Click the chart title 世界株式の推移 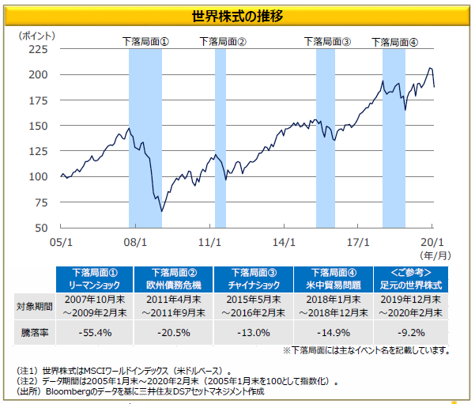coord(238,16)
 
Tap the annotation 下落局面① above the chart coord(146,42)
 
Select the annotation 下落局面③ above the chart coord(327,42)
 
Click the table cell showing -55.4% coord(95,333)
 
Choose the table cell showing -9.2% coord(412,333)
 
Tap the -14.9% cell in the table coord(333,333)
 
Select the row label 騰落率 coord(33,333)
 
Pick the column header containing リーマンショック coord(95,279)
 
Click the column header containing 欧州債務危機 coord(174,279)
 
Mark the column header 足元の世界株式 coord(412,279)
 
